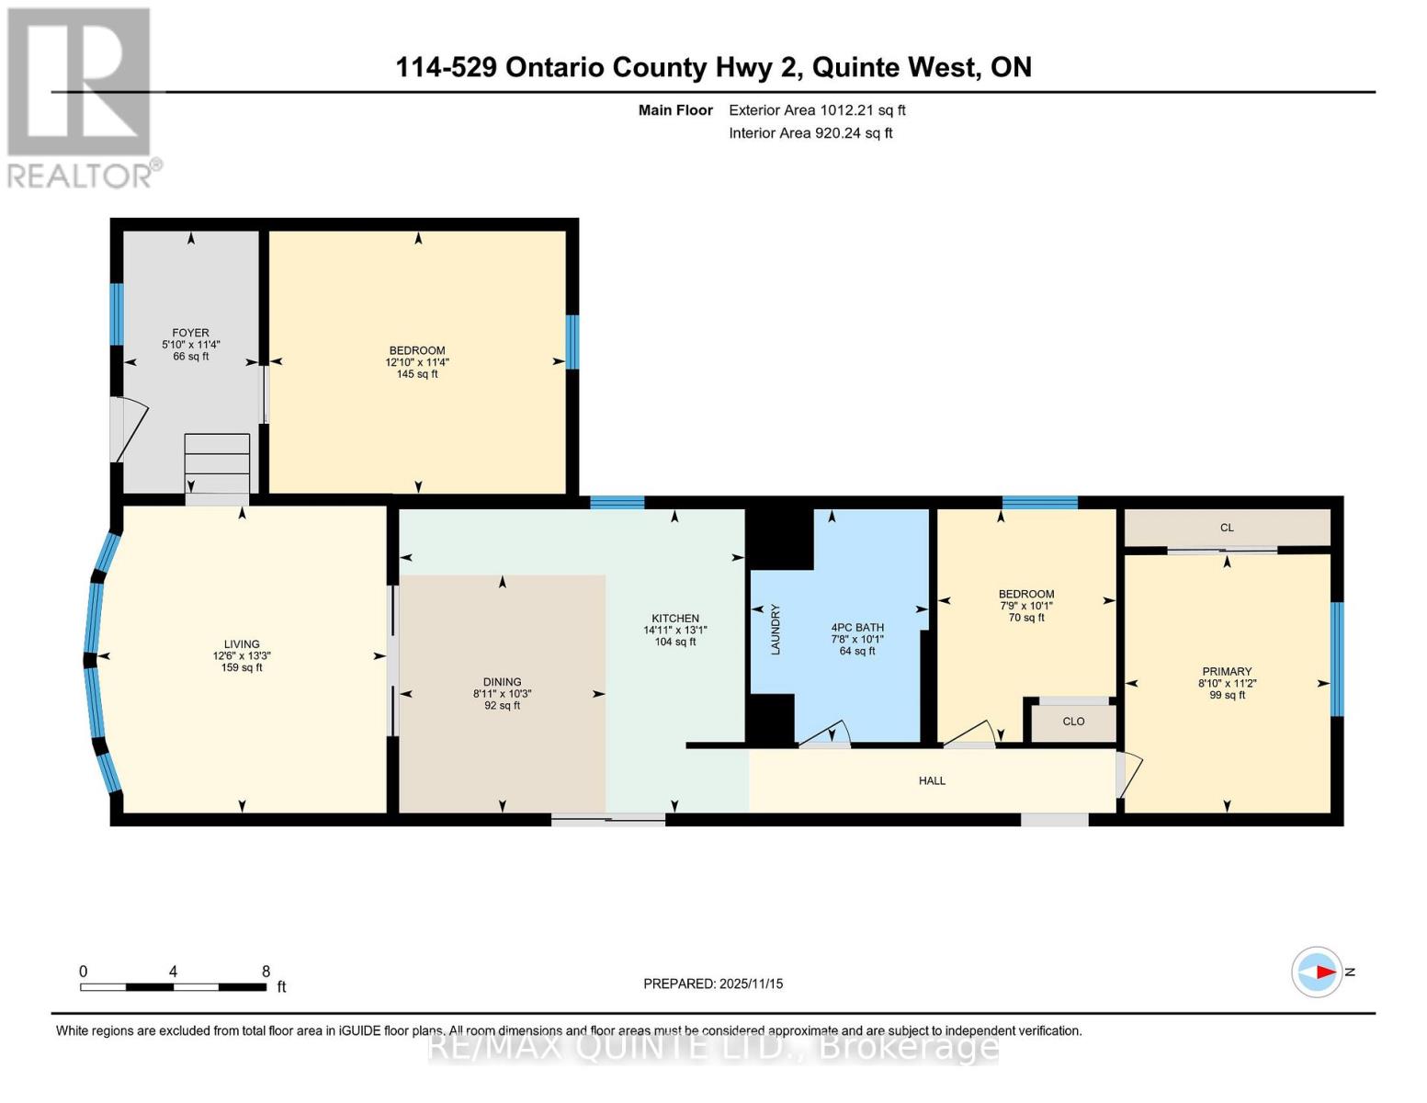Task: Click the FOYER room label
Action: pyautogui.click(x=190, y=333)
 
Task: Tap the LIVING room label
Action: pyautogui.click(x=242, y=644)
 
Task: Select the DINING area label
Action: pyautogui.click(x=502, y=682)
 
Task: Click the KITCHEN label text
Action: pyautogui.click(x=675, y=619)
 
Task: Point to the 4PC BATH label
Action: pyautogui.click(x=856, y=628)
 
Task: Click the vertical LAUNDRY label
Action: pyautogui.click(x=776, y=630)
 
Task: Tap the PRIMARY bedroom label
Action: pyautogui.click(x=1227, y=672)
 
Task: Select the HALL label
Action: pyautogui.click(x=932, y=780)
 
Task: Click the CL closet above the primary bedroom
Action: pyautogui.click(x=1227, y=528)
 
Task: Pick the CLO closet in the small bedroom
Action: pyautogui.click(x=1073, y=722)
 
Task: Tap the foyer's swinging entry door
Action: pyautogui.click(x=127, y=430)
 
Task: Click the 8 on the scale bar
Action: pyautogui.click(x=266, y=972)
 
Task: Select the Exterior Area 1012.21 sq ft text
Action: pyautogui.click(x=817, y=110)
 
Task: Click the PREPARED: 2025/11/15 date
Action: pyautogui.click(x=713, y=984)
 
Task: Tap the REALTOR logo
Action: pyautogui.click(x=81, y=97)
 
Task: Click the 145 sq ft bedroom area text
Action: pyautogui.click(x=416, y=374)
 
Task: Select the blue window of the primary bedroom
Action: pyautogui.click(x=1337, y=658)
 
